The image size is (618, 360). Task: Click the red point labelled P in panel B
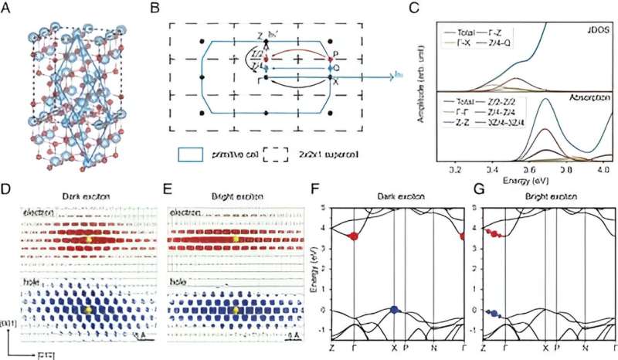coord(330,59)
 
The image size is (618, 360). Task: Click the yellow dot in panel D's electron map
coord(87,240)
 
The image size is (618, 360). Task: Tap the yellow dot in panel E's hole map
coord(236,311)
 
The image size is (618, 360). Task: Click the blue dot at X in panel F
coord(395,310)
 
